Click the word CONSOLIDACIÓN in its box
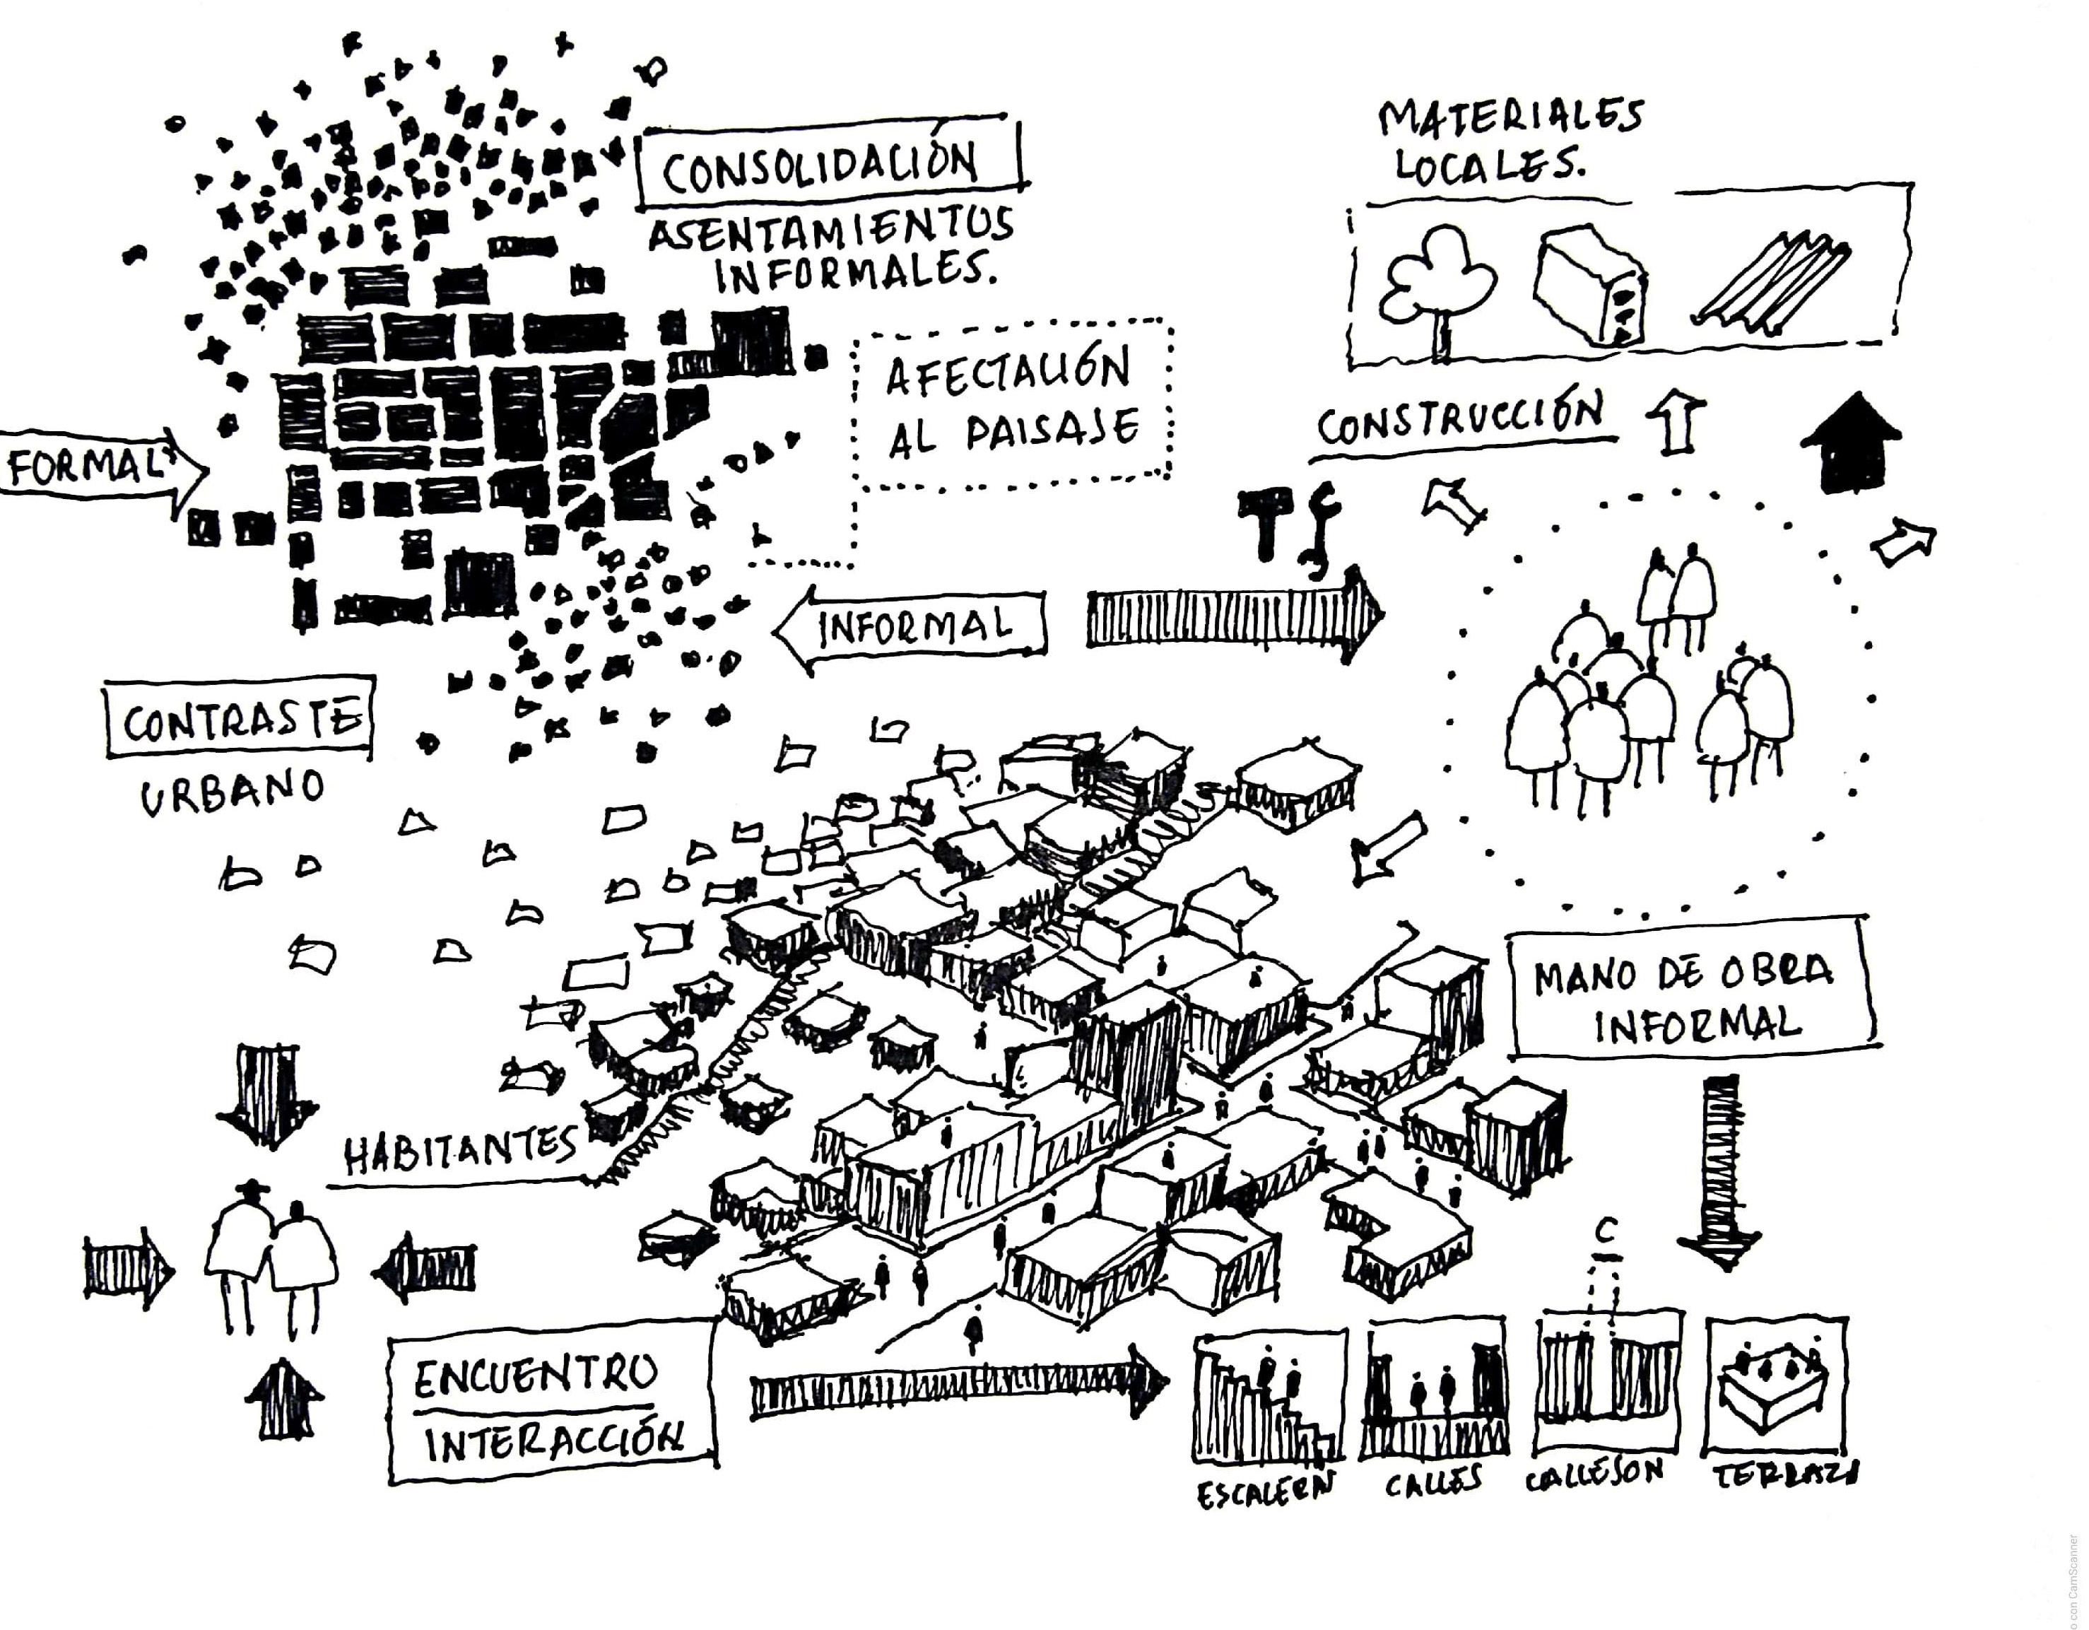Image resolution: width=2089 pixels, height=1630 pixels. [820, 168]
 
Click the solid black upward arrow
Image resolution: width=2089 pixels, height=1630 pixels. [1850, 442]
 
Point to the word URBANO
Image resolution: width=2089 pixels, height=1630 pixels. [233, 793]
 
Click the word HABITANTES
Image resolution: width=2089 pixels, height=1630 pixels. [459, 1149]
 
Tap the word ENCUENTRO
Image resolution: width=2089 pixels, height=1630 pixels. [536, 1378]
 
